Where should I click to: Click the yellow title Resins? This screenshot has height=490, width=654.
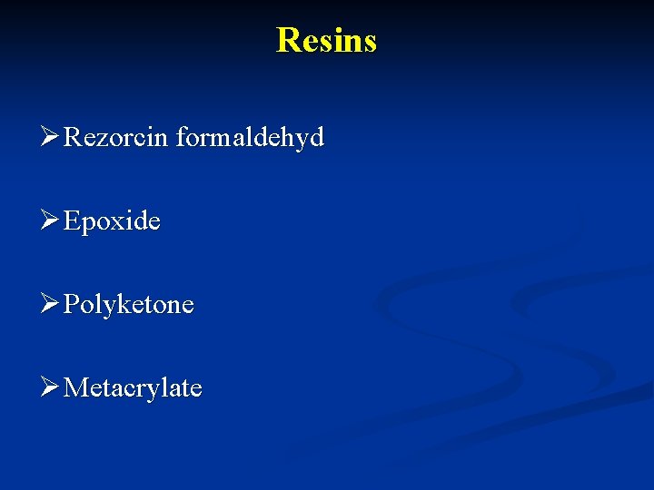326,40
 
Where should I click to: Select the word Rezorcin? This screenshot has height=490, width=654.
117,138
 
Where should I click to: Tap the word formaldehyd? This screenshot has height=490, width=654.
250,138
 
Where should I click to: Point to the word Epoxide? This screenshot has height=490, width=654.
113,221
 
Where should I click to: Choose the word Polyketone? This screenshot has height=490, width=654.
129,305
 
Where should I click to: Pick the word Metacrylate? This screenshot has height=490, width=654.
134,388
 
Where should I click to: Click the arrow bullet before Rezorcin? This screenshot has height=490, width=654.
51,138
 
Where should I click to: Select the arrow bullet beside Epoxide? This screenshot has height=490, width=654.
51,221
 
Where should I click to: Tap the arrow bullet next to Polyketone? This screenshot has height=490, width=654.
51,305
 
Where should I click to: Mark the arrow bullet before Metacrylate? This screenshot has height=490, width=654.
51,388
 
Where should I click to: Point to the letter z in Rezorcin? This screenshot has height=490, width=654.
104,140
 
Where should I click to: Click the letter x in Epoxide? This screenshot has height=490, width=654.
119,223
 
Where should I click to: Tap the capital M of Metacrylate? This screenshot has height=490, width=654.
76,388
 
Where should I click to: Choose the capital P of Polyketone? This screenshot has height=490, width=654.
72,304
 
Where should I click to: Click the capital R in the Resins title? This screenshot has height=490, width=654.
286,40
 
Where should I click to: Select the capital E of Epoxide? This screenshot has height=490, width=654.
73,221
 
